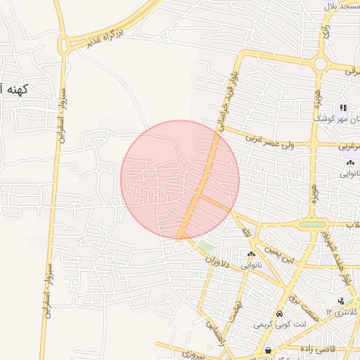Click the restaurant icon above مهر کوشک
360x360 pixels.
pyautogui.click(x=343, y=108)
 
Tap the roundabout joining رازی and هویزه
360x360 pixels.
pyautogui.click(x=321, y=63)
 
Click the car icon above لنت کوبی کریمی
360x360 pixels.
pyautogui.click(x=280, y=314)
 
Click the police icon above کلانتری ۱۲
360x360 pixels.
pyautogui.click(x=341, y=301)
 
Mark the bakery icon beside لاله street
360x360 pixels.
pyautogui.click(x=252, y=254)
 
